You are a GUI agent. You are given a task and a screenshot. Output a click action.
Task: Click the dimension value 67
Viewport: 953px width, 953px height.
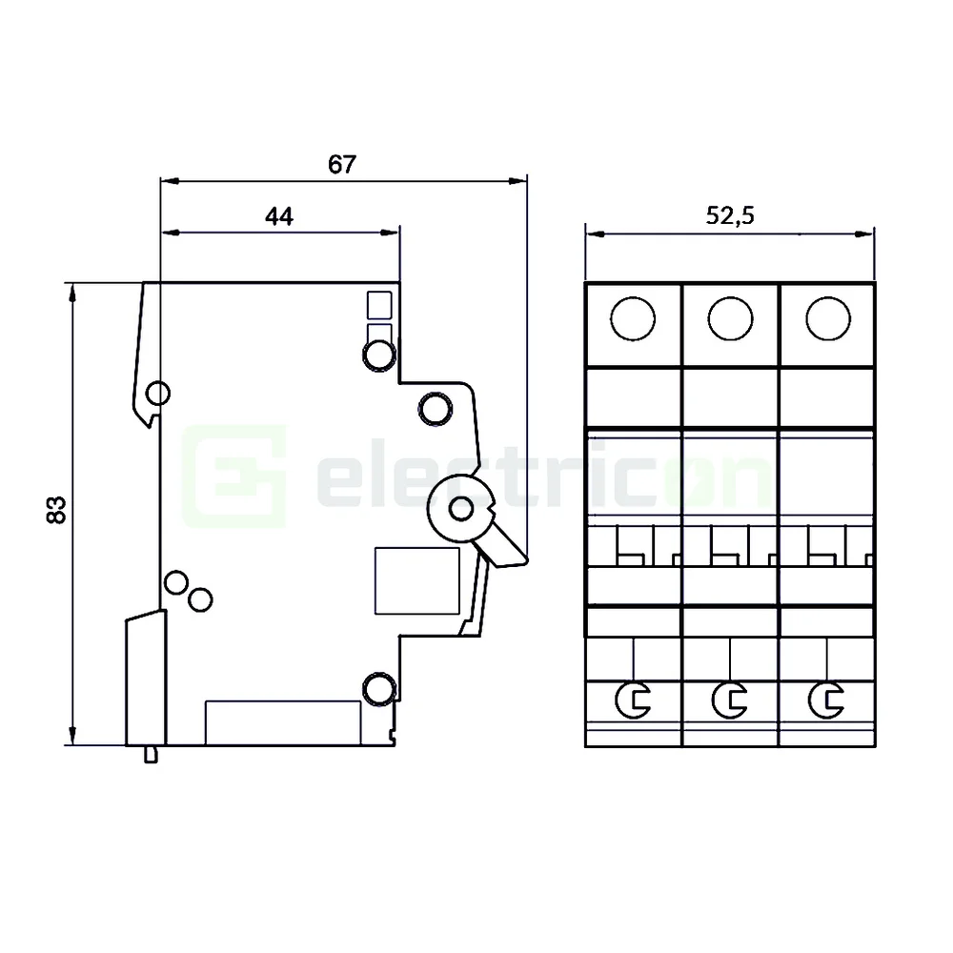coord(342,164)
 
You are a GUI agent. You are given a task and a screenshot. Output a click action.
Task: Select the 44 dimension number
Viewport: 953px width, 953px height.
coord(278,217)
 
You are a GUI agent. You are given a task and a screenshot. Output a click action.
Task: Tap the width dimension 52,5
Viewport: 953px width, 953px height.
coord(730,216)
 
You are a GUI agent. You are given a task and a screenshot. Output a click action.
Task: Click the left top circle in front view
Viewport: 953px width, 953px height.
coord(633,318)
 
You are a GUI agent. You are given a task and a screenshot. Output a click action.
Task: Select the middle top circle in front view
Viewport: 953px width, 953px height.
coord(730,318)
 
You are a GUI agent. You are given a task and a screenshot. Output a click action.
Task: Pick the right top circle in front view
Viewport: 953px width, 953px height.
coord(827,318)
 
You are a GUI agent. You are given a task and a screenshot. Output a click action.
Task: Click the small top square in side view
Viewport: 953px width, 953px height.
coord(379,304)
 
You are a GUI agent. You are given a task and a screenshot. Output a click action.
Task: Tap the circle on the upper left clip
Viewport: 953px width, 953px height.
coord(158,393)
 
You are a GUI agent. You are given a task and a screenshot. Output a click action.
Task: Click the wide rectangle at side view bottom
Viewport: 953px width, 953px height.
coord(283,722)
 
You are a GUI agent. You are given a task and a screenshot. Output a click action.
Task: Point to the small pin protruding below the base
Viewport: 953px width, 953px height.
coord(150,755)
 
